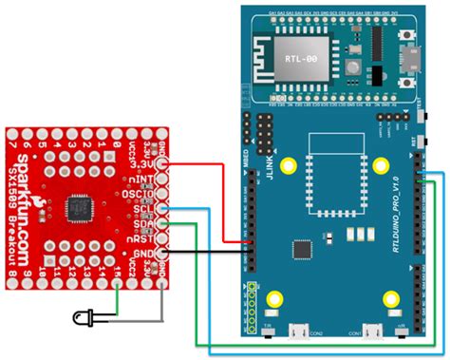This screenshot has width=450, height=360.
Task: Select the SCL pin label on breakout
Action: [146, 210]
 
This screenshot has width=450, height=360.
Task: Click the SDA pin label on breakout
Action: [146, 224]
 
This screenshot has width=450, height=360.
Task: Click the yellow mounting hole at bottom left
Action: [274, 300]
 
